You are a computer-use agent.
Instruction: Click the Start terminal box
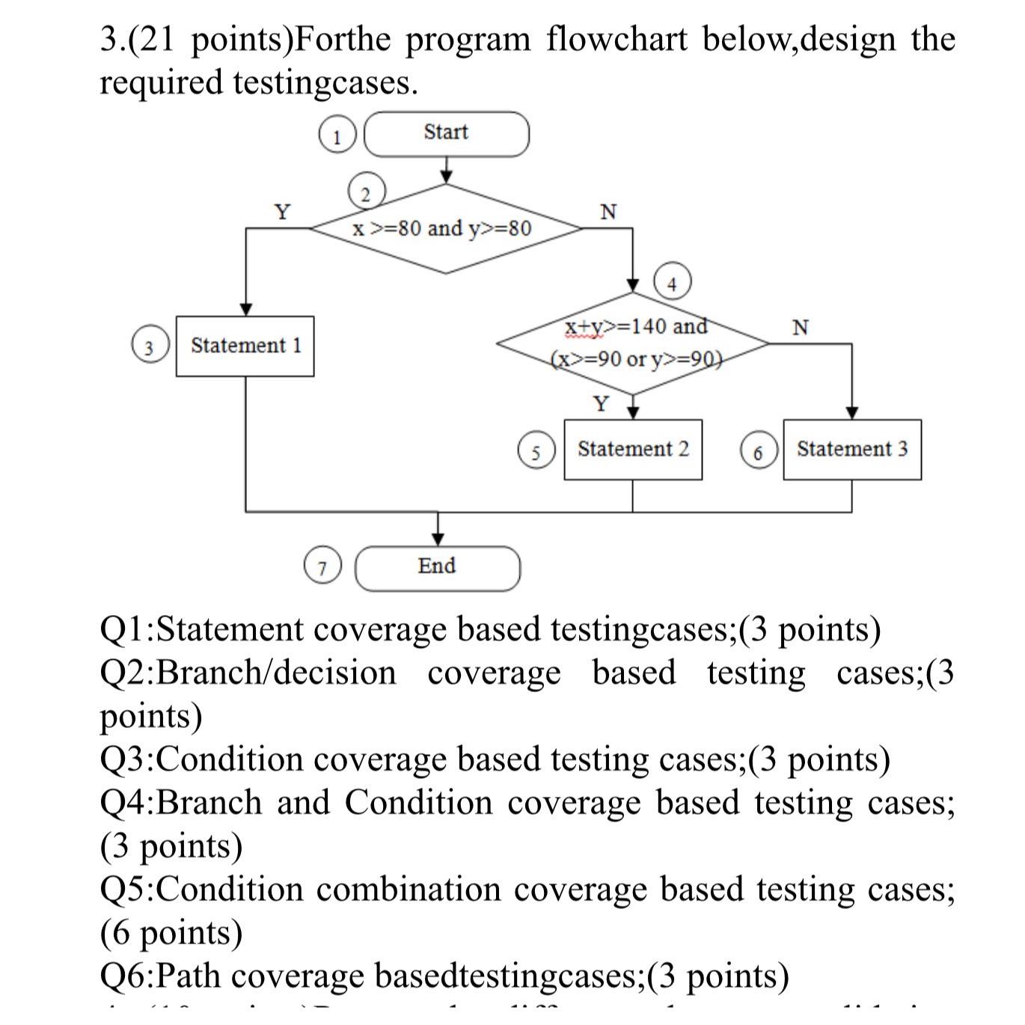(x=446, y=134)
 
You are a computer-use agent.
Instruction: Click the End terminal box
(x=437, y=568)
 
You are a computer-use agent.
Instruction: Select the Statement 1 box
(x=245, y=346)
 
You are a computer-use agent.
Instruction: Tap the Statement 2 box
(x=633, y=449)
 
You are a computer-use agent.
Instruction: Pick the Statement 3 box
(x=851, y=449)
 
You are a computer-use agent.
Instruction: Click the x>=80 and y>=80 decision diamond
(x=446, y=228)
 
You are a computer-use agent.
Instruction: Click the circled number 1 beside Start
(x=337, y=137)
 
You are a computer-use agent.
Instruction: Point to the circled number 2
(x=365, y=193)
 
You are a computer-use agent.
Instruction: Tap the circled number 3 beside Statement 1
(x=149, y=347)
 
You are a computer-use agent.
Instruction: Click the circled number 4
(x=672, y=283)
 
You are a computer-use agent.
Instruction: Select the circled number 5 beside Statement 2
(x=536, y=451)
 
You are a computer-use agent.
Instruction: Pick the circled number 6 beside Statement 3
(x=758, y=451)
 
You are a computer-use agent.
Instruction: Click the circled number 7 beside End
(x=322, y=568)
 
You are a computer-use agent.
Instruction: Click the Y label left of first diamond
(x=282, y=212)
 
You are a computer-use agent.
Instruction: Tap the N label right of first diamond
(x=609, y=212)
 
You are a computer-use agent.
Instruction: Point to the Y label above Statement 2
(x=601, y=404)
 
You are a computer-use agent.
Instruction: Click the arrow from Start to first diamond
(x=446, y=170)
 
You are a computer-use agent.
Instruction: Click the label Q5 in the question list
(x=126, y=890)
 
